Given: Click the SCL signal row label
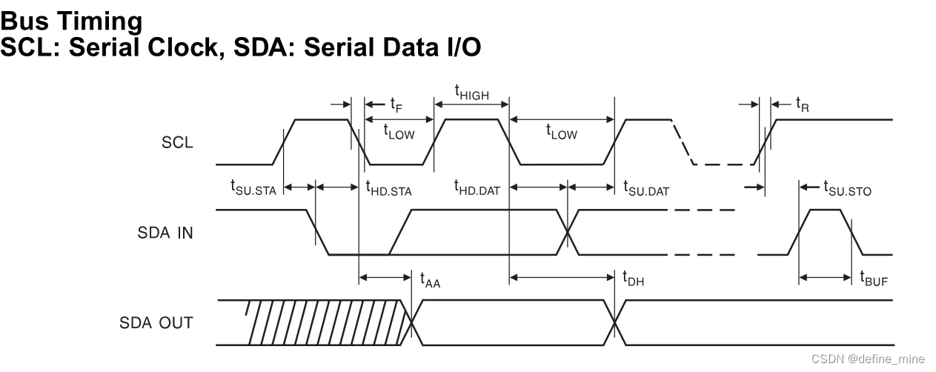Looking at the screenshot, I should point(177,143).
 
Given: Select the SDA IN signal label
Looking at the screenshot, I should point(165,233).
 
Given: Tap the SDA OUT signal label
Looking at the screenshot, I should point(156,323).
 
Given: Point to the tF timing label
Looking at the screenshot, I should point(396,104).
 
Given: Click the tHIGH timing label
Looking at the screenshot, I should point(471,93).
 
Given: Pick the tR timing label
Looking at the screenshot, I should point(802,104).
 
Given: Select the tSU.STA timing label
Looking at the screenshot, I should point(253,189).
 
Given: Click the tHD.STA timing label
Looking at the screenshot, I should point(388,189).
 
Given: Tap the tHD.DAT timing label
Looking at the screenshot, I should point(477,189).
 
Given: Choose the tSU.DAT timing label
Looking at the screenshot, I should point(645,189).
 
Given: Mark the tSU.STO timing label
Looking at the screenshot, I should point(847,189).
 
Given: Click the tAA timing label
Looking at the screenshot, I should point(430,280).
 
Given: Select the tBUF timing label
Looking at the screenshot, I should point(874,280).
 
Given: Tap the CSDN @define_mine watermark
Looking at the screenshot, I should point(868,359).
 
